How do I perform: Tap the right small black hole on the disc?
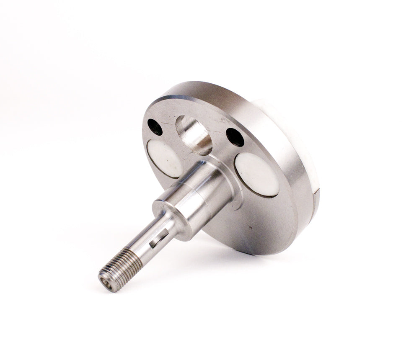point(235,137)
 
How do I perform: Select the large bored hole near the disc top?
point(194,134)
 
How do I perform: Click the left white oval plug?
point(165,158)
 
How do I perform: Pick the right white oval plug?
point(257,174)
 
